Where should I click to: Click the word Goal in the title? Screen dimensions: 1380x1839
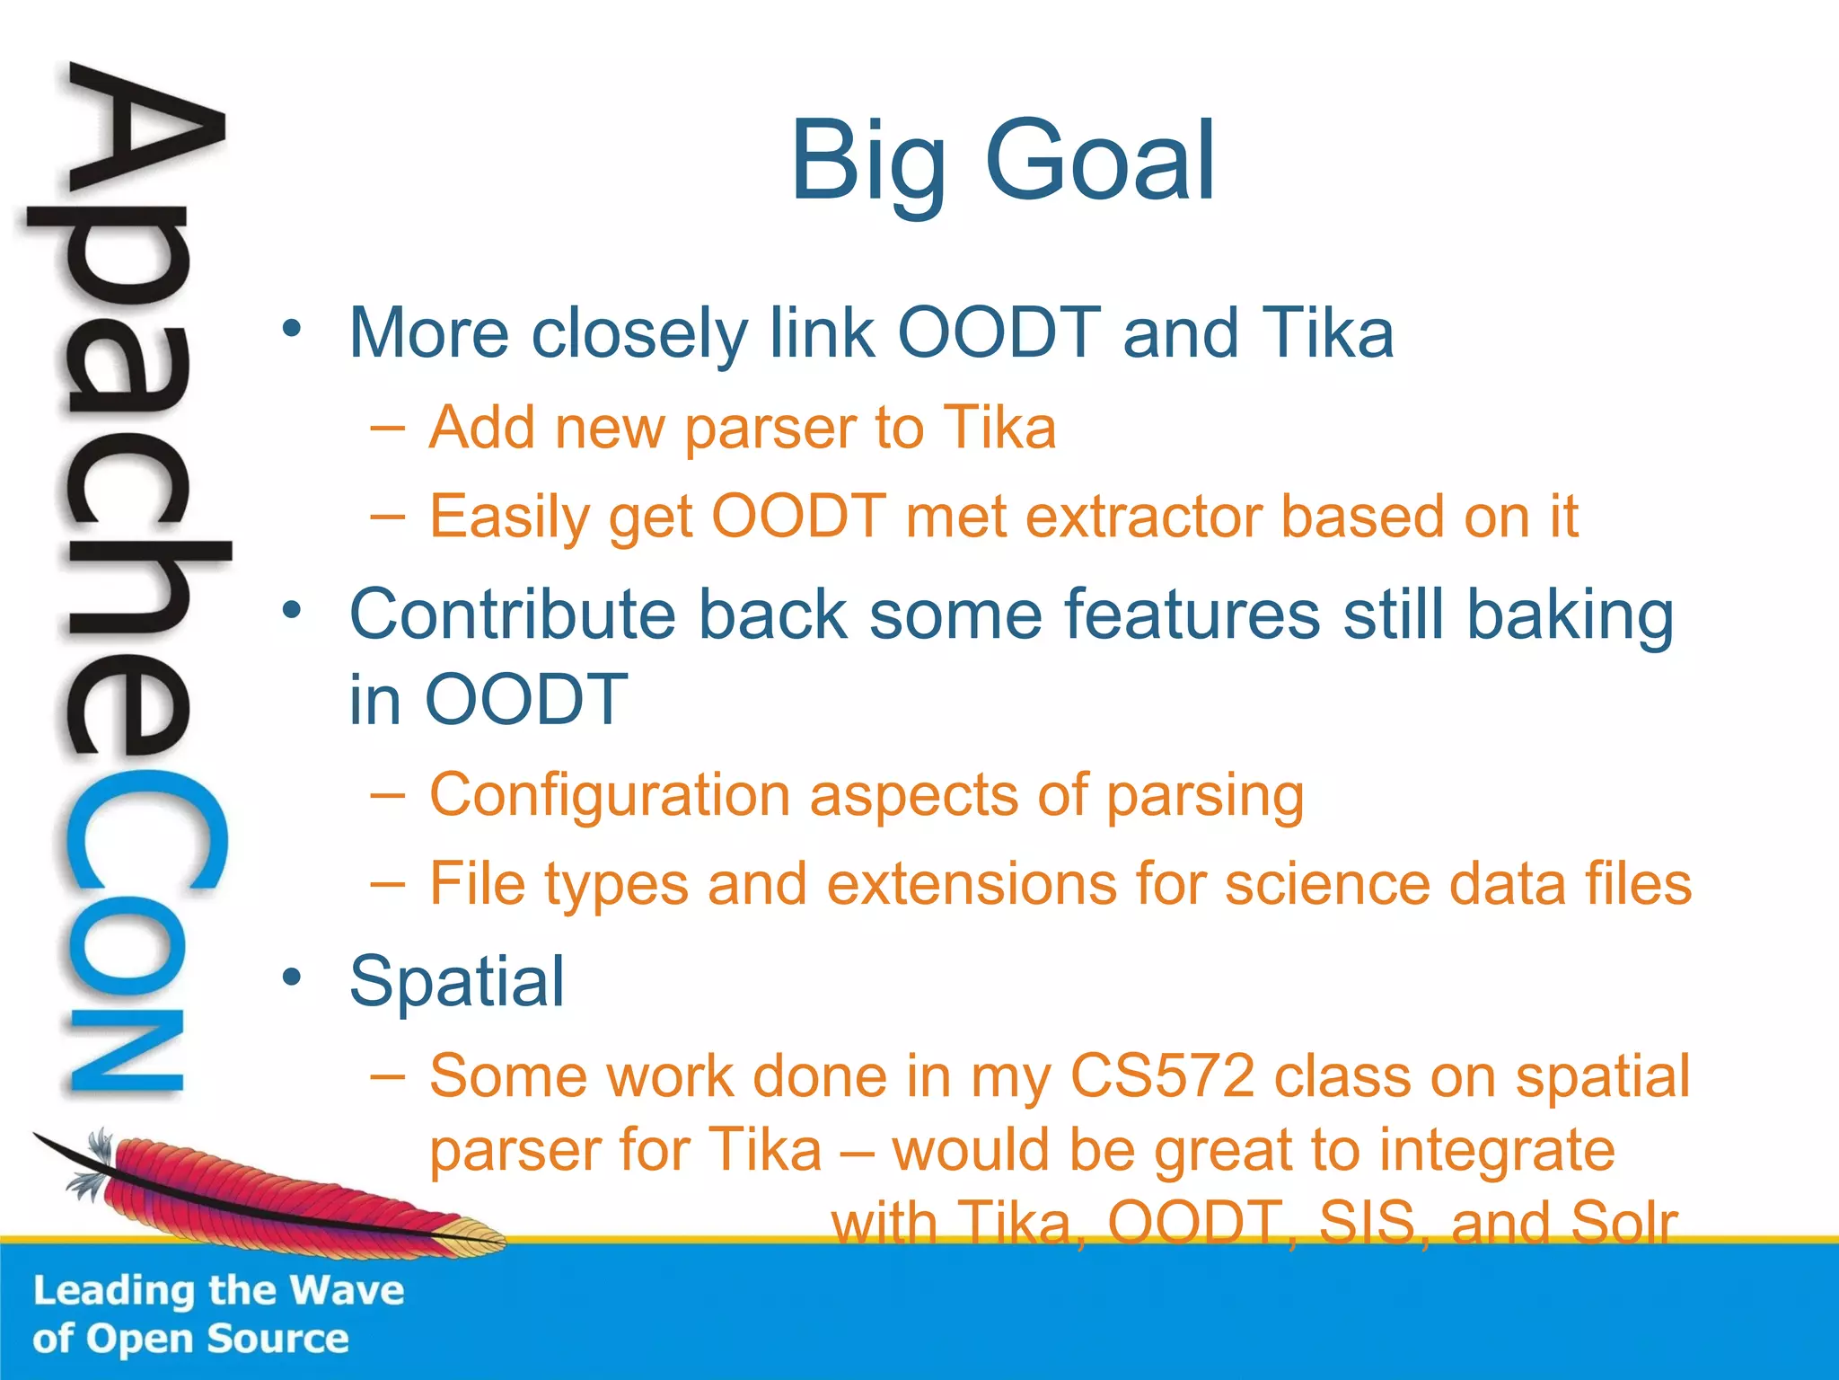coord(1101,162)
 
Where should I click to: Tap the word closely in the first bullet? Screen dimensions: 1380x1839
coord(639,334)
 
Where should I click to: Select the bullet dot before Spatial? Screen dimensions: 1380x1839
coord(291,977)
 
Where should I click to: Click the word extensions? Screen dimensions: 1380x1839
coord(972,884)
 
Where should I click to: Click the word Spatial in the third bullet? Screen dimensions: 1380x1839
coord(457,981)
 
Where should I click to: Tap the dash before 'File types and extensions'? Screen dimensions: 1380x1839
coord(387,884)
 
